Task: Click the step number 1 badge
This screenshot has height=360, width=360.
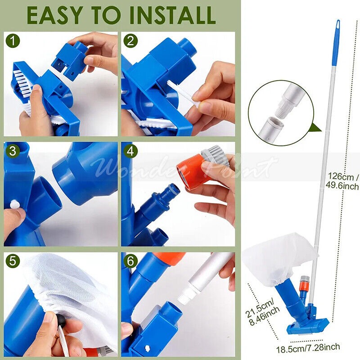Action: click(x=13, y=41)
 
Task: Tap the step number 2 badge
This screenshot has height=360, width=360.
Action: click(x=130, y=41)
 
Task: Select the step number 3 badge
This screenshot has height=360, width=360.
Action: click(x=13, y=151)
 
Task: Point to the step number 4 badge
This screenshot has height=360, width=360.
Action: click(x=130, y=151)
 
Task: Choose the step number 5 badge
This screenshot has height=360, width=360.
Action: click(x=13, y=261)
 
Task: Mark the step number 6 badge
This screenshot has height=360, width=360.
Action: click(x=130, y=261)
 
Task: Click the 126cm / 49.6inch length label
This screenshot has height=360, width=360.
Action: click(x=342, y=181)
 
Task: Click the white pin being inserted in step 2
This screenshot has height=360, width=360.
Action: click(x=183, y=94)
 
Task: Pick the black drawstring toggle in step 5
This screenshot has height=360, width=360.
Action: click(x=60, y=319)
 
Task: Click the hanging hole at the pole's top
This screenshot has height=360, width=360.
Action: click(x=338, y=25)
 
